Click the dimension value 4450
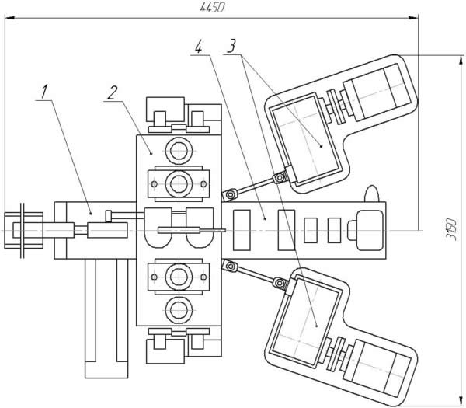click(212, 8)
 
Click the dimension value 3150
click(451, 229)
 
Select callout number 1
click(44, 92)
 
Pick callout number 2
click(113, 92)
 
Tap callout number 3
click(231, 46)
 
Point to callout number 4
click(199, 47)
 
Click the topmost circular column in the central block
click(179, 151)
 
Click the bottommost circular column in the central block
click(179, 310)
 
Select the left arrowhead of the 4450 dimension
click(10, 18)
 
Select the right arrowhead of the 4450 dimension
click(413, 18)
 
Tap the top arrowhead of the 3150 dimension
click(461, 60)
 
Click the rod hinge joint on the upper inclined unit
click(279, 178)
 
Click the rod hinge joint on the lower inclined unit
click(279, 283)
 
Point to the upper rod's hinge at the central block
click(229, 195)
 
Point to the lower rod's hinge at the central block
click(229, 266)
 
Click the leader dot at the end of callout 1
click(91, 213)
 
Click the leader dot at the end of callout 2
click(151, 154)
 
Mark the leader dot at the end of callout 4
click(265, 218)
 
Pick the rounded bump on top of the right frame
click(372, 194)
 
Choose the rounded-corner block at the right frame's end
click(370, 230)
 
